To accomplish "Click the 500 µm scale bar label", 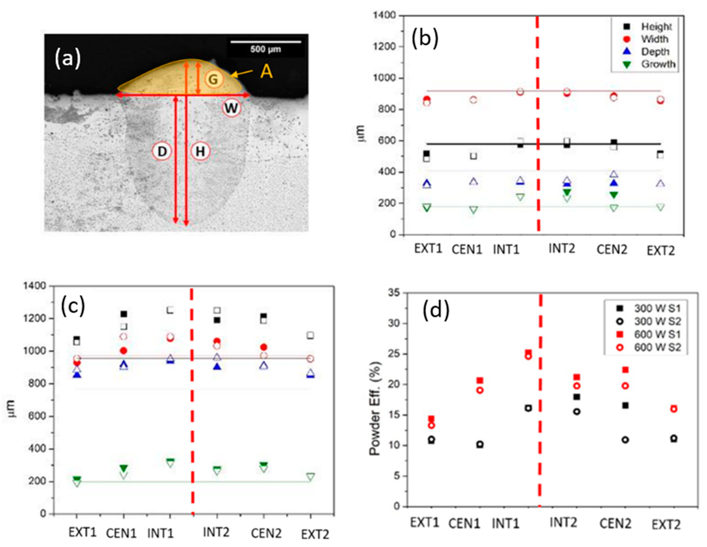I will point(265,50).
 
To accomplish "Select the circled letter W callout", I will point(231,108).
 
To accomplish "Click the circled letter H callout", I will point(200,151).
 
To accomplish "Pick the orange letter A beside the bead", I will point(267,72).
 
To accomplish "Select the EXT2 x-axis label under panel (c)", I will point(315,534).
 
